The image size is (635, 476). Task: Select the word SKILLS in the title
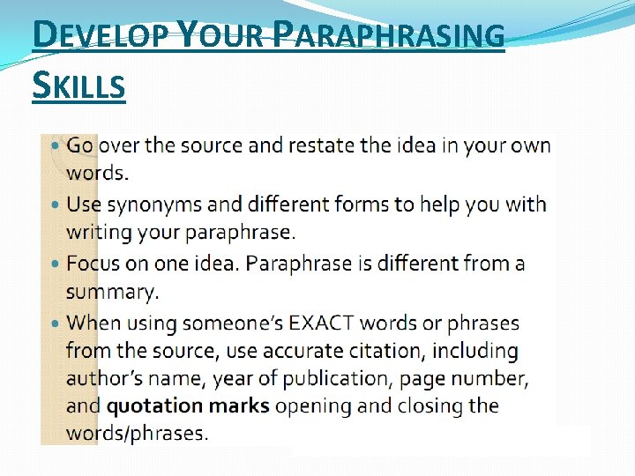pos(78,86)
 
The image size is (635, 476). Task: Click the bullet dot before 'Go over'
pos(56,145)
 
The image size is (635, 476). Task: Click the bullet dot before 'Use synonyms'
pos(56,205)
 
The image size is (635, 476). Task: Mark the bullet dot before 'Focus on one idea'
pos(56,264)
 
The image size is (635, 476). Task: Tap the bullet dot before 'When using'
pos(56,324)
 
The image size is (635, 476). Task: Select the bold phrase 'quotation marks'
pos(187,406)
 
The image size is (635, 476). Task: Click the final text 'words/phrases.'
pos(137,434)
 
